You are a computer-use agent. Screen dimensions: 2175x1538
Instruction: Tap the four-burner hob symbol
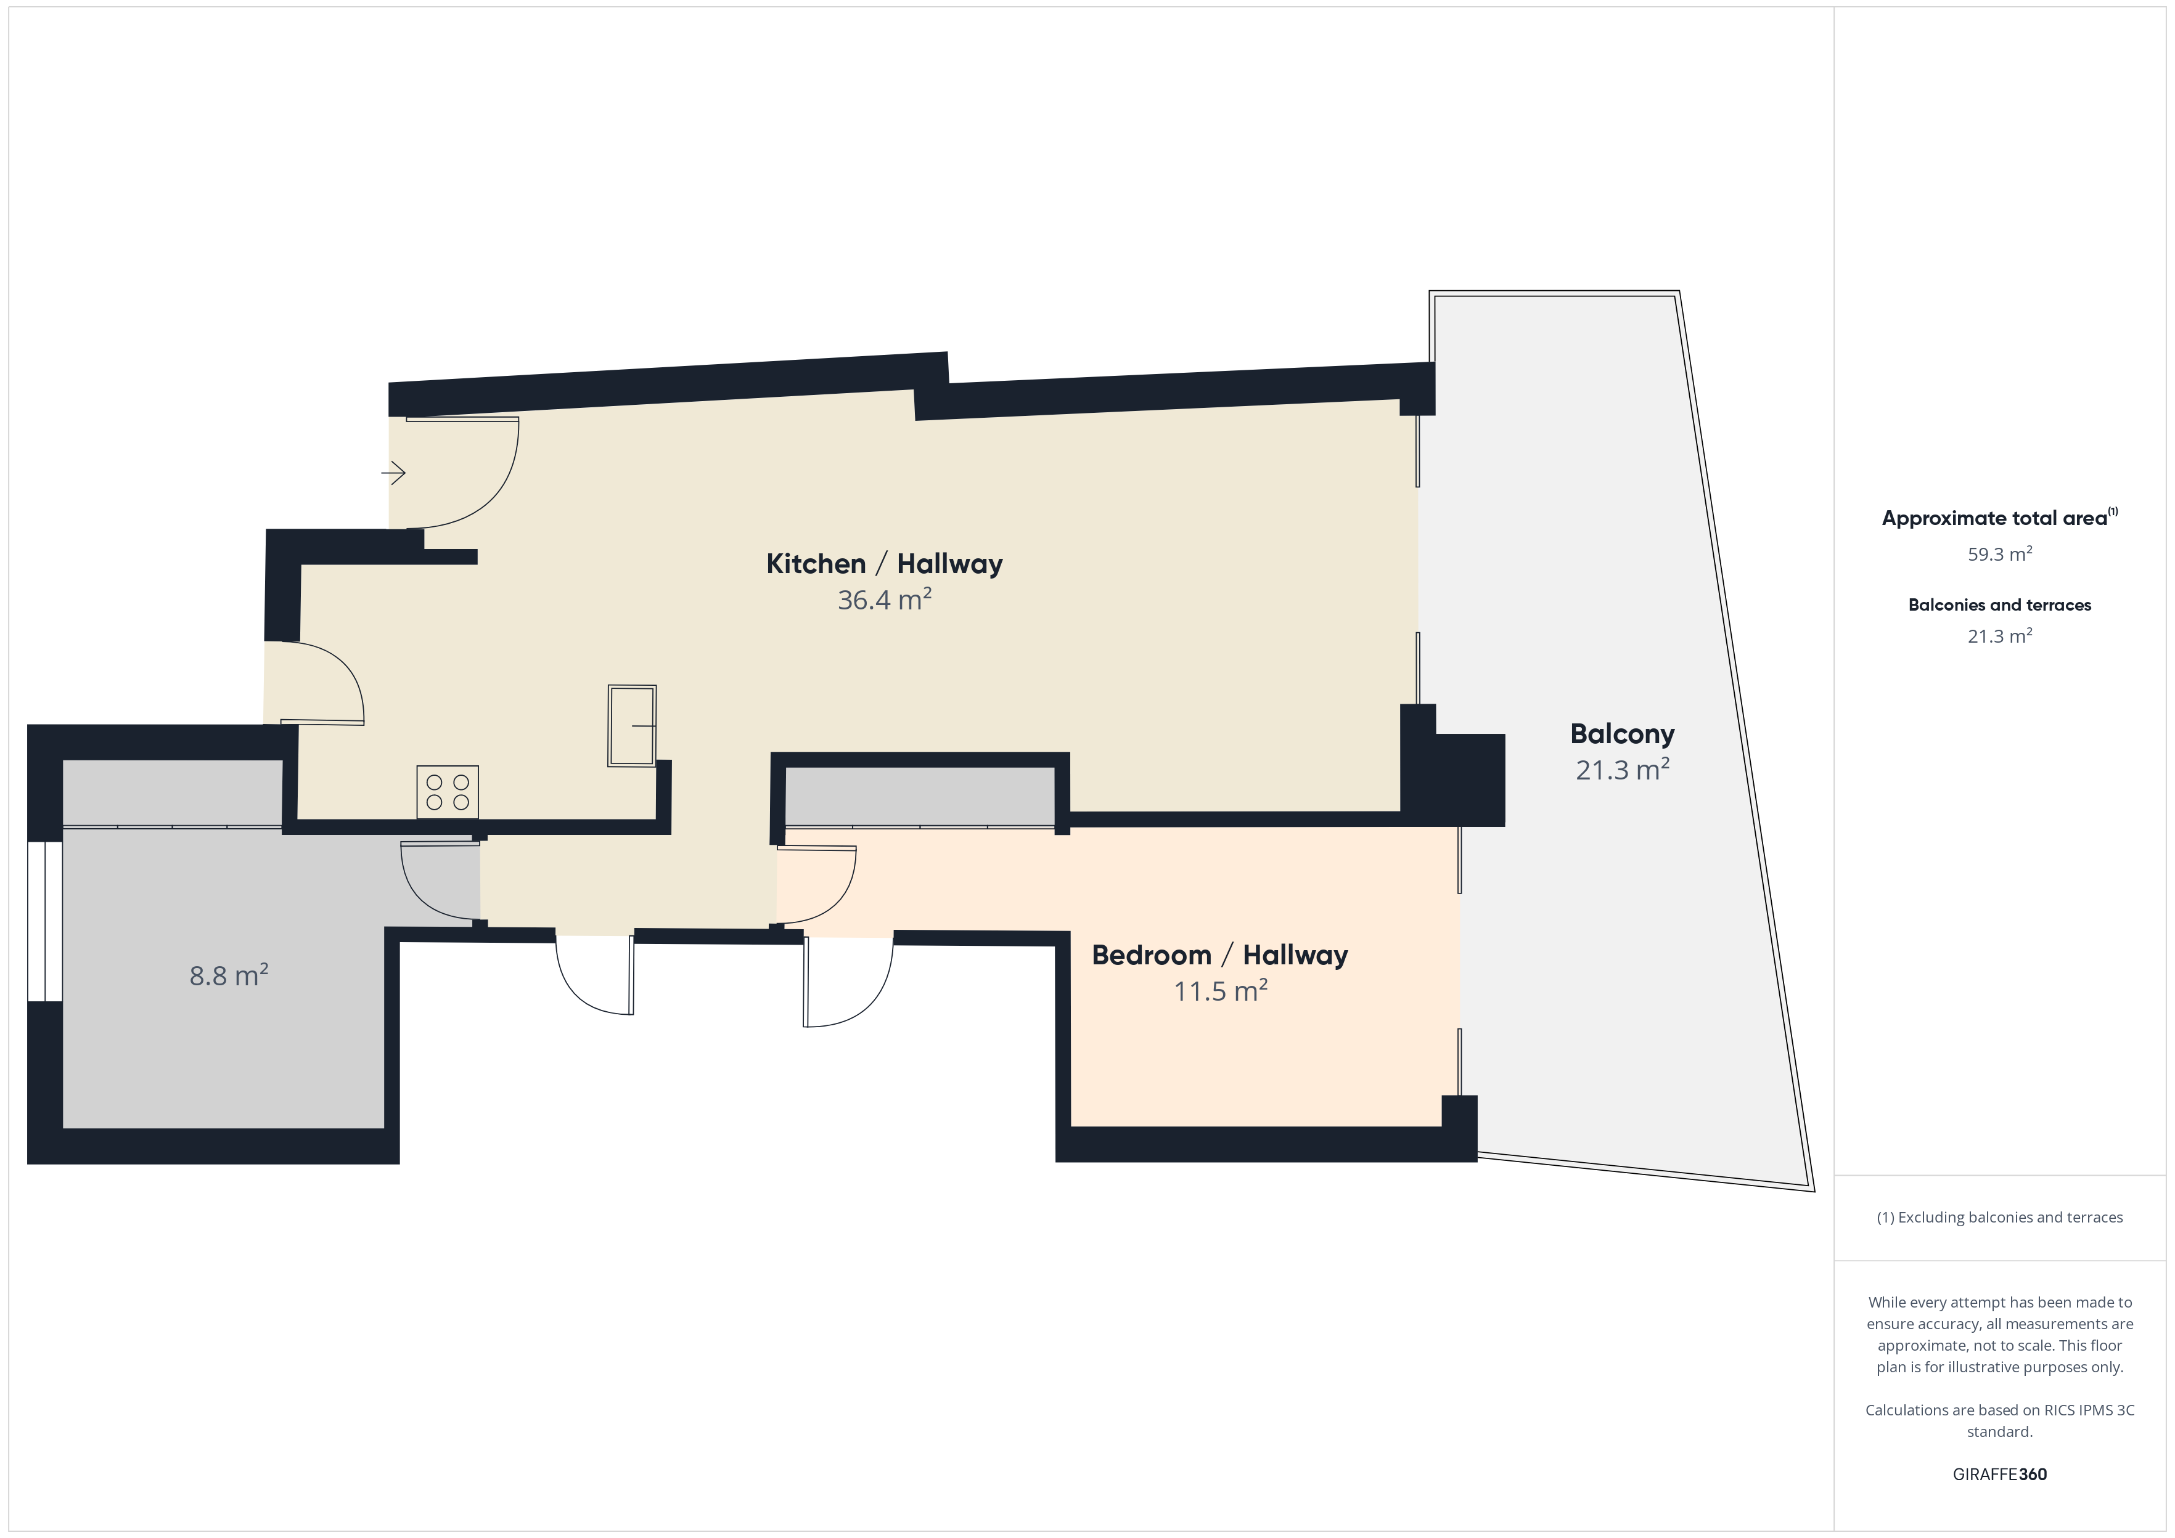[447, 792]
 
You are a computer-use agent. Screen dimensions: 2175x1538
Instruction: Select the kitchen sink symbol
[632, 725]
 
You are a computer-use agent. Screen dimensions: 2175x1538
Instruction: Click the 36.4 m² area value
[885, 600]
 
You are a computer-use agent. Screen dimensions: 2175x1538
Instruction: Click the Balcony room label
[1622, 734]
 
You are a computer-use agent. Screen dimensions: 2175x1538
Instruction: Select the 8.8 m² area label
[228, 975]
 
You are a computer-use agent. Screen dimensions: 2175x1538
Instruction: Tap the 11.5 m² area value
[1220, 991]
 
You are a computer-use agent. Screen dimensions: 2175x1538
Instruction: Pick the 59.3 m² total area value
[2000, 554]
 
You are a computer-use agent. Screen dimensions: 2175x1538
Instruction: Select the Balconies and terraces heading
[2000, 605]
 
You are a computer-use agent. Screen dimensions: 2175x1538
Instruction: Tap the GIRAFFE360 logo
[2000, 1475]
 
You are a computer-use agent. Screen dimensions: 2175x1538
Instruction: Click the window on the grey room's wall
[44, 921]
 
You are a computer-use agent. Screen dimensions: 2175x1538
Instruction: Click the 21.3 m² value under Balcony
[1622, 770]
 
